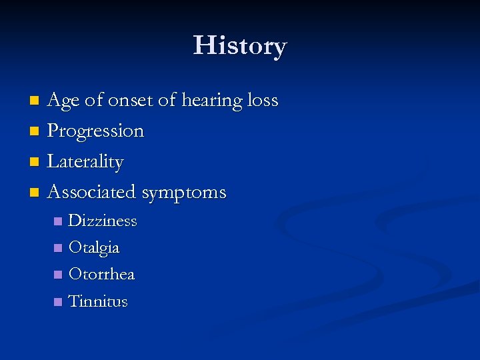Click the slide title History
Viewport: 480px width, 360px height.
(x=240, y=45)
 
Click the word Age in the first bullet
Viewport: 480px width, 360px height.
(x=63, y=101)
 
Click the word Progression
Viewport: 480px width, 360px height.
(x=95, y=131)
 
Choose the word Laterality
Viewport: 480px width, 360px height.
(x=85, y=162)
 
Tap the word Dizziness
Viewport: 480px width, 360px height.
(x=103, y=221)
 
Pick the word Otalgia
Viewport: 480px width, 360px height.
(x=94, y=248)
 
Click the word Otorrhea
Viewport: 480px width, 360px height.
(x=101, y=274)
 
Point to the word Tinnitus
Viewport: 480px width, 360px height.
(x=97, y=301)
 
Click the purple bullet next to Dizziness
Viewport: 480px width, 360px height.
(x=58, y=221)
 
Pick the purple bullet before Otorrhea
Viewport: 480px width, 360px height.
(x=58, y=275)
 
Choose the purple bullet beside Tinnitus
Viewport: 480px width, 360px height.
(x=58, y=302)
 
